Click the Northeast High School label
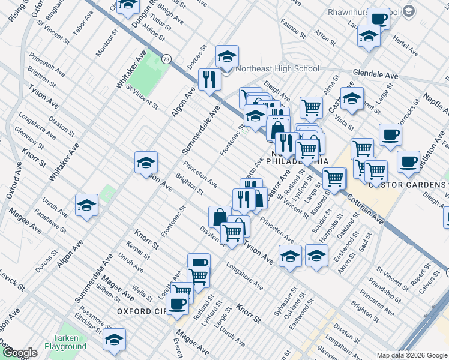click(277, 68)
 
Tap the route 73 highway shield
click(166, 59)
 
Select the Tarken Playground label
click(69, 342)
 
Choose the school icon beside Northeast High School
click(227, 57)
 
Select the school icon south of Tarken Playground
click(114, 340)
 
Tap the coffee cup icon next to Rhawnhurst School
click(378, 19)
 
